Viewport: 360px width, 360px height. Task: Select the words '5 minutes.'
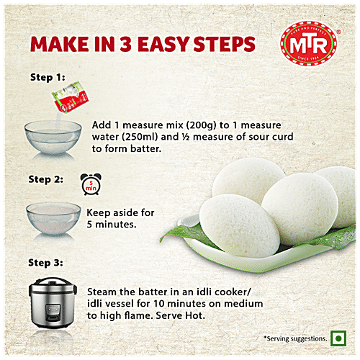click(x=112, y=225)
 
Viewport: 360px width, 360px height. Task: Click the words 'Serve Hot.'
click(x=182, y=316)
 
